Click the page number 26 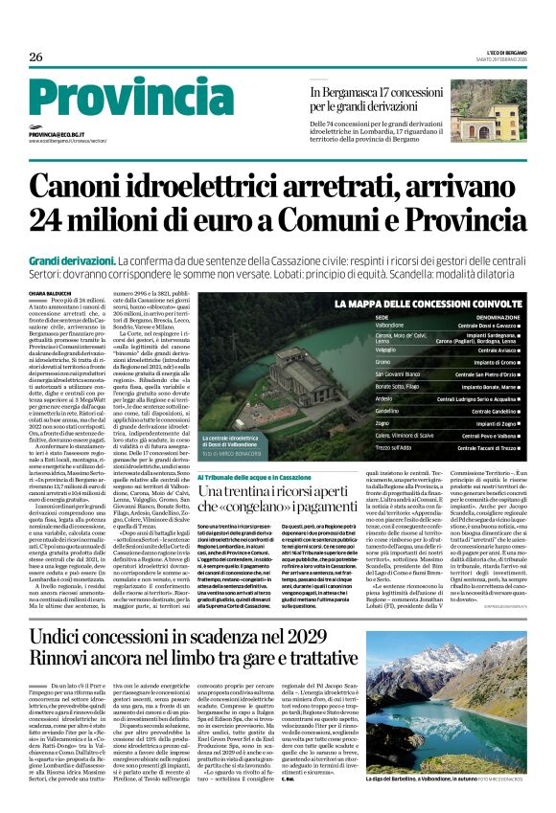click(36, 56)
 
